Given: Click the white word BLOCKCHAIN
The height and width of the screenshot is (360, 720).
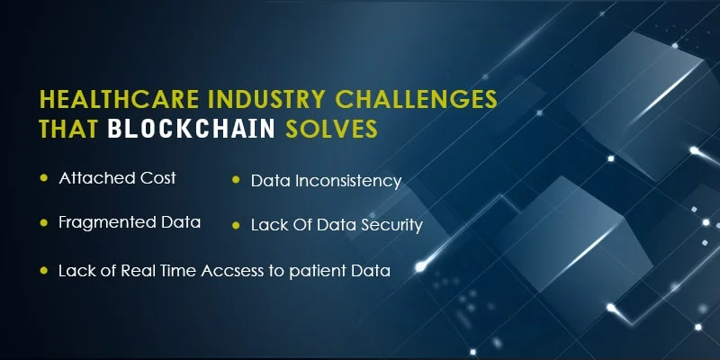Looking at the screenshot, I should [190, 130].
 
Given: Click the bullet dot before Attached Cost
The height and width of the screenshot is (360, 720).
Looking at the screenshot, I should [42, 179].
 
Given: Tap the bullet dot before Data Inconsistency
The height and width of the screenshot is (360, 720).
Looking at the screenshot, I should [235, 181].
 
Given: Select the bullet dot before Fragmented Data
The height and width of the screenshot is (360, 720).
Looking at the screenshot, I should [42, 222].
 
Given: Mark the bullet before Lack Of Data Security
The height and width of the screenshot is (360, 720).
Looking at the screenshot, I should [235, 225].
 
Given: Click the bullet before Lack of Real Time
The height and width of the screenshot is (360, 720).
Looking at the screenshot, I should [42, 270].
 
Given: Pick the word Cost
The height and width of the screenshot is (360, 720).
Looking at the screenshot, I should [157, 178].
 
